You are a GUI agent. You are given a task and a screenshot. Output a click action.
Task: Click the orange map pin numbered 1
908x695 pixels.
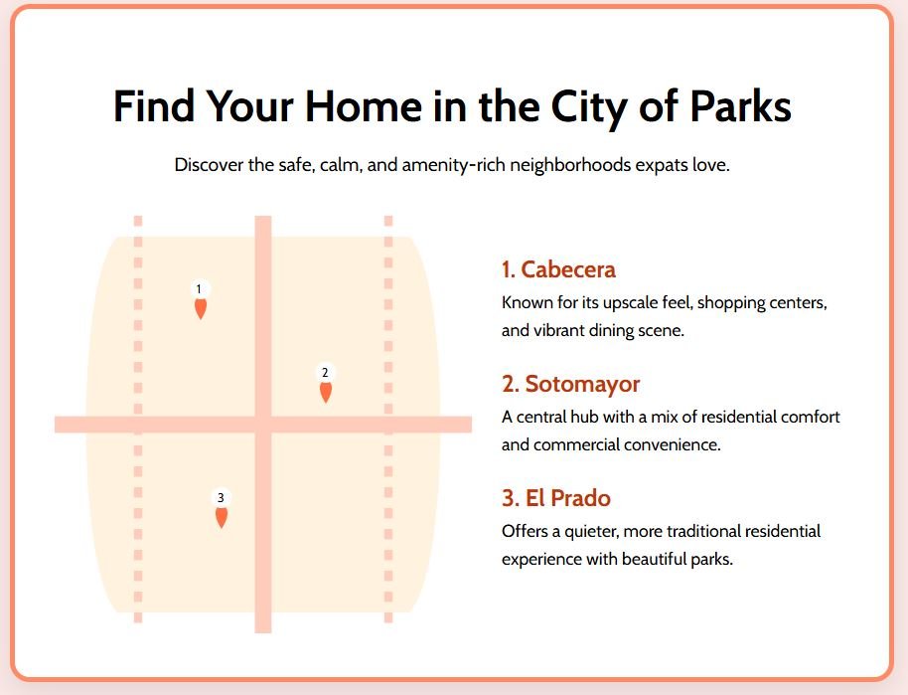click(x=201, y=308)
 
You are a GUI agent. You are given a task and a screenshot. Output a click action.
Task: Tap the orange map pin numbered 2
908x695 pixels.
click(x=326, y=392)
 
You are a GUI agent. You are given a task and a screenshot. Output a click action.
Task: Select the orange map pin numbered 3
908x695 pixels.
click(x=222, y=517)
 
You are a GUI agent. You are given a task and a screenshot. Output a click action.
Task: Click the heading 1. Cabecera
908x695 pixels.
click(x=558, y=269)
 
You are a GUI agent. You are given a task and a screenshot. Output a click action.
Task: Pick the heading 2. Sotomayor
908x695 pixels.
click(x=570, y=384)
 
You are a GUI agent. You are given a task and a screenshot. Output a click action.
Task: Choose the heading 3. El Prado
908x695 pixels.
click(x=556, y=498)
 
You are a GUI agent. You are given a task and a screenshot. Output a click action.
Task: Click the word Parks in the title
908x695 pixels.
click(x=741, y=106)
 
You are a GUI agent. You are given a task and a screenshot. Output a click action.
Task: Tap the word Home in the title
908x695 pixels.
click(x=363, y=106)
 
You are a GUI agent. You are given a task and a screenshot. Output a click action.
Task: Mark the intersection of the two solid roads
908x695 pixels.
click(x=263, y=425)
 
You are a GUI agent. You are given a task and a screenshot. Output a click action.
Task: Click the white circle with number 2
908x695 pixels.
click(x=325, y=372)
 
